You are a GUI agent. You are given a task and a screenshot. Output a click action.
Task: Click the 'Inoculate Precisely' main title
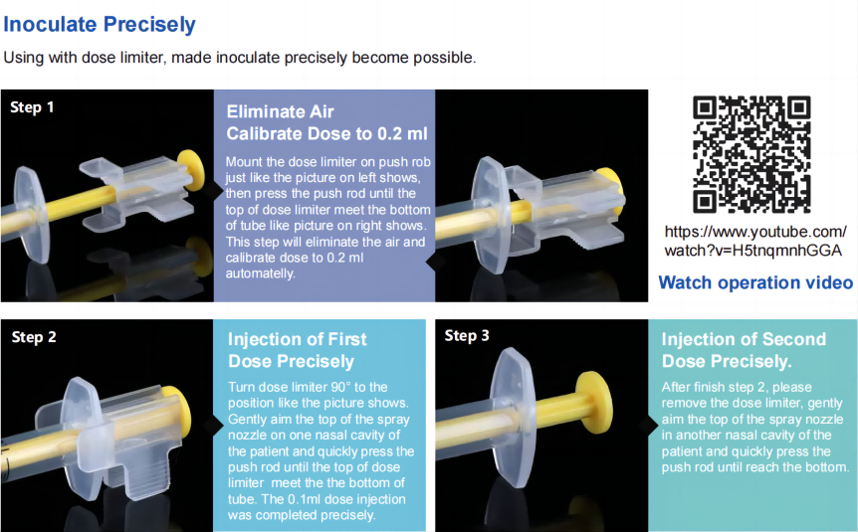point(100,25)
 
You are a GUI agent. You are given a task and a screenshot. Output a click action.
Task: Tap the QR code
point(751,153)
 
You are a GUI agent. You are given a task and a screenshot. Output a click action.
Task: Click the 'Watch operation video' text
point(755,282)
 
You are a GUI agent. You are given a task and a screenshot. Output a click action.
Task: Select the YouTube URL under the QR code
point(752,241)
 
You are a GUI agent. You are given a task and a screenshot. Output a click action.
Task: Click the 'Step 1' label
point(32,107)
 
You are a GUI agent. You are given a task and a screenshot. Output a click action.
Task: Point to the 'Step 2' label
point(34,337)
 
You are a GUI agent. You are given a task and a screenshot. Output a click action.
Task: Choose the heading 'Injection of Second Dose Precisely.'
point(744,349)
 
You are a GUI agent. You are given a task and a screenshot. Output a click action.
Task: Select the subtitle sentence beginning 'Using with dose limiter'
point(239,58)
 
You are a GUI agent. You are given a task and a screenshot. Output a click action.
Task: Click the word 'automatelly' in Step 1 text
point(260,273)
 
